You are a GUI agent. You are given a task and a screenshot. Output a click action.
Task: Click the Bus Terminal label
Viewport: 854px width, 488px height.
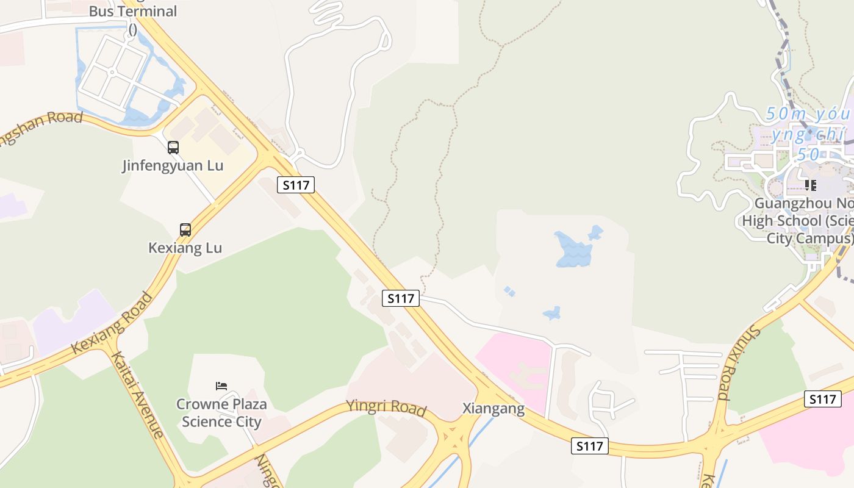132,12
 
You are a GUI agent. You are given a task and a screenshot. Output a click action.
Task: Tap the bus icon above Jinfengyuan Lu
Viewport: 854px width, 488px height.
173,147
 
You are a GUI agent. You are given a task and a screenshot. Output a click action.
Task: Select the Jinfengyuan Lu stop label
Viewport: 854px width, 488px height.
173,165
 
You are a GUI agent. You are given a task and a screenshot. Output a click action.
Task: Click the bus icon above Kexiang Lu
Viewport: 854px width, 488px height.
185,230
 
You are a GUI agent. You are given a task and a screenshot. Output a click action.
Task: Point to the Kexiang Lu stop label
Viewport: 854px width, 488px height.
185,248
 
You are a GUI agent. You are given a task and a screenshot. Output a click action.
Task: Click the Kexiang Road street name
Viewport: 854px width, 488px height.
112,323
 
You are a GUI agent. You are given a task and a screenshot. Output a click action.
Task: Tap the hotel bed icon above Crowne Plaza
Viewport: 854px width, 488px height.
221,386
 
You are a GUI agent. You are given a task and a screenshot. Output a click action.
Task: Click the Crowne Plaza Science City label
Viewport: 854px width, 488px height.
221,413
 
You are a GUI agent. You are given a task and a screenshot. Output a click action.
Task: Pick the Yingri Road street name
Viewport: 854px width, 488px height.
386,407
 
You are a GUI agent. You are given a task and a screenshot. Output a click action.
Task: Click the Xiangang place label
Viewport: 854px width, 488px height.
493,408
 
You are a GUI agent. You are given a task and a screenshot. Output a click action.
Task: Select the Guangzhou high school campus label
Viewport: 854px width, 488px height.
796,220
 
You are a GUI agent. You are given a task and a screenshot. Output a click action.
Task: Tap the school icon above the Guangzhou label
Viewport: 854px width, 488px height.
811,185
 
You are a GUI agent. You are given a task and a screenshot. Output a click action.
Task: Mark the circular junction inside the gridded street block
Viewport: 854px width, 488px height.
112,72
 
